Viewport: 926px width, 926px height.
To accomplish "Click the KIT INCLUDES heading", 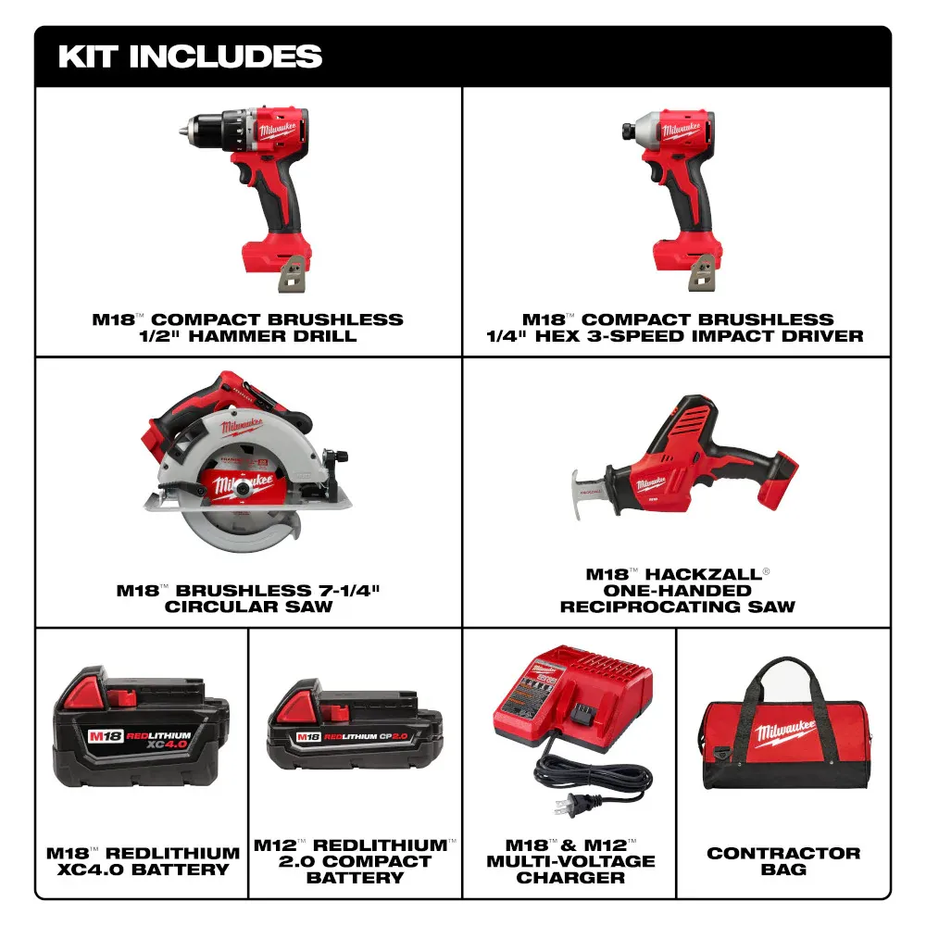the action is (x=190, y=56).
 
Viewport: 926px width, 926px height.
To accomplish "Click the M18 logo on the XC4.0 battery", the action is (x=106, y=736).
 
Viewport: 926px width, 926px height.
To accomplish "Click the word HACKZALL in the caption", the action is (x=703, y=574).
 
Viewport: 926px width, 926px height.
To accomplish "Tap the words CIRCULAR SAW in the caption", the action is (x=248, y=607).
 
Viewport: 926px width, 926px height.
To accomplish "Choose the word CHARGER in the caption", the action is (x=570, y=878).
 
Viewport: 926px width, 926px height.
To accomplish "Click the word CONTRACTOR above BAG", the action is (x=783, y=854).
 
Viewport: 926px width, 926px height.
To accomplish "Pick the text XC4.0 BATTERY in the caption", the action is (x=143, y=870).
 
